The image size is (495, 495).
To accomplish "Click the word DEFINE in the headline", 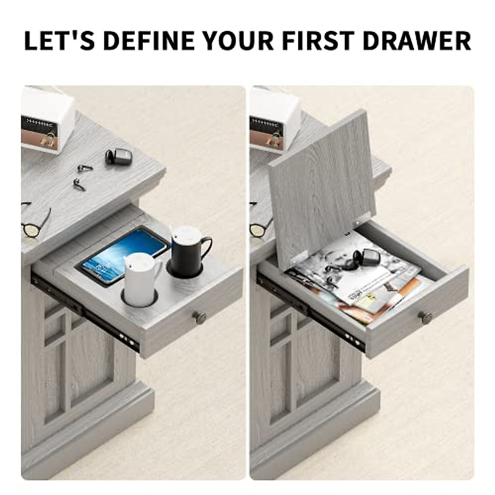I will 148,40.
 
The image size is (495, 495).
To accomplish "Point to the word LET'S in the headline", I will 60,40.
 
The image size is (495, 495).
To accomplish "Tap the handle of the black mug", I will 206,250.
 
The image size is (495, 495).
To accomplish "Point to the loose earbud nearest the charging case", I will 85,167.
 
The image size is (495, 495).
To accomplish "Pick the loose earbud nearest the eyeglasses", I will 78,184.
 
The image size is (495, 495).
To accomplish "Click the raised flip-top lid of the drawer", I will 322,181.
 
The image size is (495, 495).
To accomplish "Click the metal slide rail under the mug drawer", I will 87,313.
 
